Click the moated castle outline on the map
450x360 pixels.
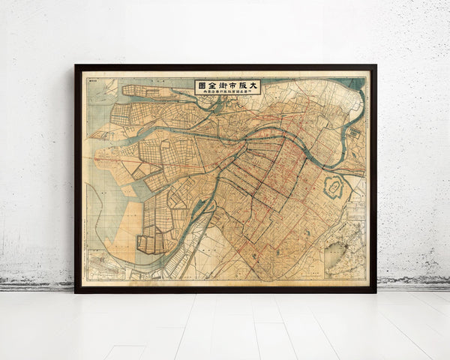click(333, 187)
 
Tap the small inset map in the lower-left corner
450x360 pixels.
click(105, 266)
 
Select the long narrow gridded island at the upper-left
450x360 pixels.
click(146, 91)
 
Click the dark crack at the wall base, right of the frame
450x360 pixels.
click(412, 283)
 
